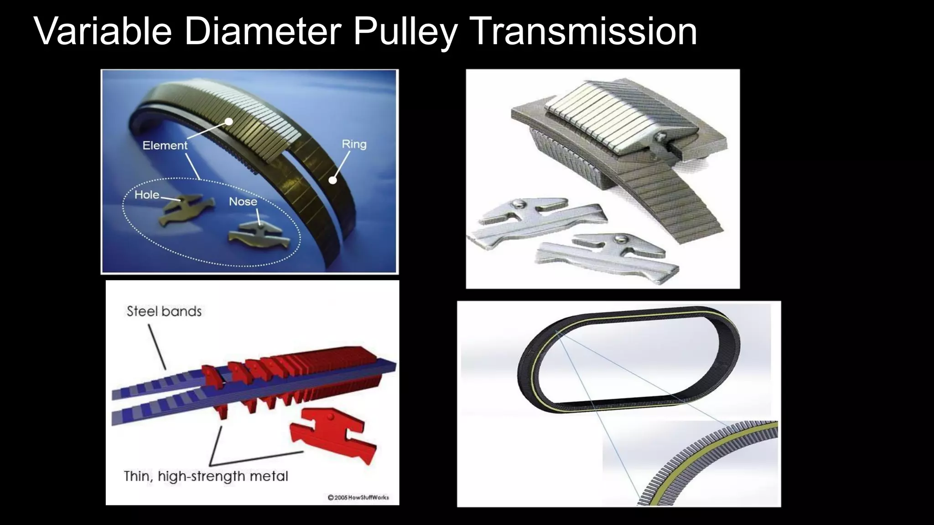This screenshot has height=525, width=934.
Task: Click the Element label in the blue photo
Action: pos(165,145)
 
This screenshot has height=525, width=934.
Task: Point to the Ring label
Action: pos(354,144)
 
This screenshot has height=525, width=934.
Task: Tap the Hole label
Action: pos(147,195)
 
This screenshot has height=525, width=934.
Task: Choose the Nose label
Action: pos(243,201)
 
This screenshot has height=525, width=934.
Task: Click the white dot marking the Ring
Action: pos(333,180)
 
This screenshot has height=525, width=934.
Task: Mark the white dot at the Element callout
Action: pos(229,121)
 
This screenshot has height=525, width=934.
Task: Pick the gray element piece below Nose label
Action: pos(259,235)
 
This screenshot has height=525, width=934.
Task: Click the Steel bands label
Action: pos(164,311)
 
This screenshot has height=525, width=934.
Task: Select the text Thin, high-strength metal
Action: pos(206,476)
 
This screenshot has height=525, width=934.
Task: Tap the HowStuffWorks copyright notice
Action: pos(358,497)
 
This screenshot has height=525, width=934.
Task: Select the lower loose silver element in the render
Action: pos(607,255)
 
